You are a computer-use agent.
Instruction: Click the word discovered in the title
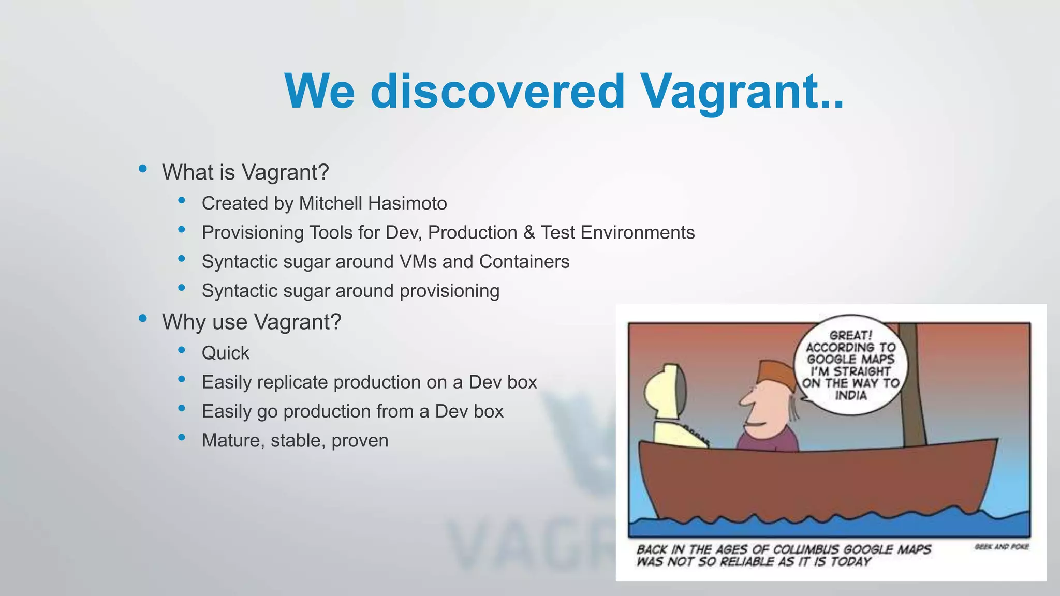(497, 92)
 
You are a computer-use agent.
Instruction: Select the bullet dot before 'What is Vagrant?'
(143, 169)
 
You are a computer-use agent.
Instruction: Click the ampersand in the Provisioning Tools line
(528, 232)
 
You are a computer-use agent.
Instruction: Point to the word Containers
(524, 262)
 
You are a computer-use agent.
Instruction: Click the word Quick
(225, 353)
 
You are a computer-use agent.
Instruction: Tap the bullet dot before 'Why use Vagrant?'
(143, 318)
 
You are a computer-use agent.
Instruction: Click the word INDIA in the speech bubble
(850, 396)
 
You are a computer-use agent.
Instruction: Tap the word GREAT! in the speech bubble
(850, 335)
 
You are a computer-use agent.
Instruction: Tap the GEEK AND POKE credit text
(1002, 547)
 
